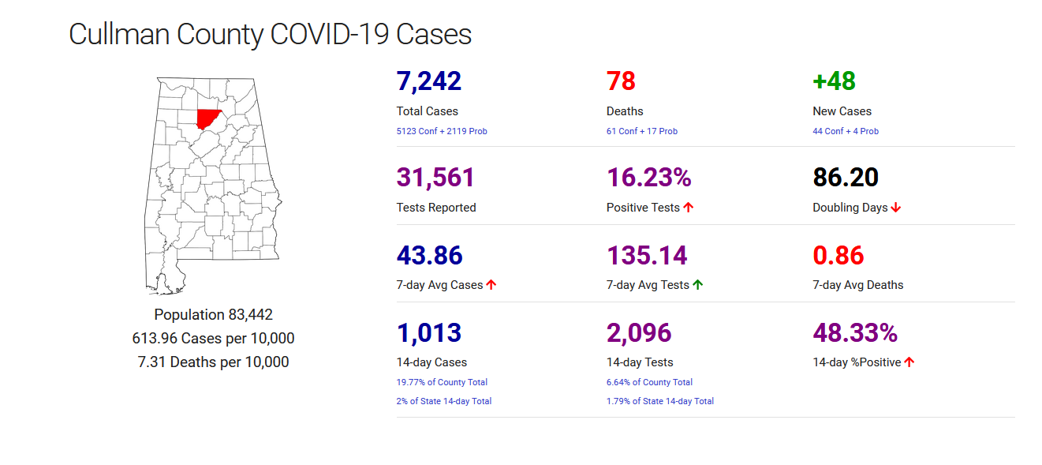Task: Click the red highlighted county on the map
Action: (x=208, y=118)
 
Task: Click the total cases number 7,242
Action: (x=428, y=81)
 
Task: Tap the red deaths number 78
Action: (x=621, y=81)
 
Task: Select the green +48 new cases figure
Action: (x=834, y=81)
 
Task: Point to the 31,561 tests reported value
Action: (x=435, y=178)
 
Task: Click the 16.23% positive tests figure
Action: (x=648, y=178)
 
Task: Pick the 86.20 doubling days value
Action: (x=846, y=178)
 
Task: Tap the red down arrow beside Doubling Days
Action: (x=896, y=208)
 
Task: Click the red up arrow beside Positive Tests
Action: (x=688, y=208)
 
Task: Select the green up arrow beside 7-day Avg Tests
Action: (x=697, y=285)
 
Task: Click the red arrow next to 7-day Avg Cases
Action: (x=491, y=285)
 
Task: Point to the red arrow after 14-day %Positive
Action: (x=909, y=362)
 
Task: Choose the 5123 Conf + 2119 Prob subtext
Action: (x=442, y=131)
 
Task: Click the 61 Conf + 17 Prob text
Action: (x=642, y=131)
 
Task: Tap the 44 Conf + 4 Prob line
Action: (x=846, y=131)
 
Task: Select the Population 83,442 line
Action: (x=213, y=315)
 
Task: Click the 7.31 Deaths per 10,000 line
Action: (x=213, y=362)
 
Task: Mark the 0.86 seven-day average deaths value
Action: (x=838, y=255)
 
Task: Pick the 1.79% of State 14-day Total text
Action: (x=660, y=401)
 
